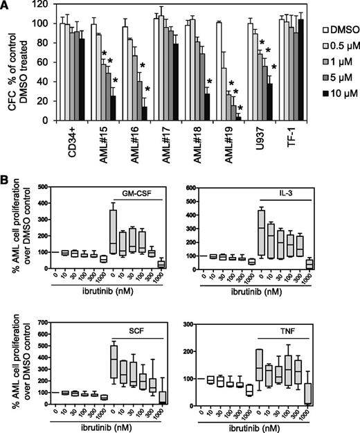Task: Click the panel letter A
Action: pyautogui.click(x=6, y=6)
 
